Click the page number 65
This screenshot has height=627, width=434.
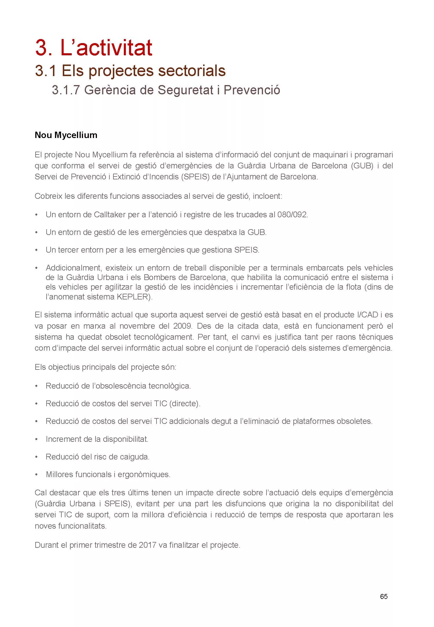[384, 596]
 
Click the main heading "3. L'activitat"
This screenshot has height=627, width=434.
[93, 48]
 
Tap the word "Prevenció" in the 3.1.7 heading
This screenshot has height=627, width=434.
[252, 90]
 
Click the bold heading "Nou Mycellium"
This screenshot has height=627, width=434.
[66, 135]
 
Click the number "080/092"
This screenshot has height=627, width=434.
[293, 215]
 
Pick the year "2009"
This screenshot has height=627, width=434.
[183, 326]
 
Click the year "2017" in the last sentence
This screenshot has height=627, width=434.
[148, 545]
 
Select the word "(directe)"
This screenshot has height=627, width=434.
[185, 404]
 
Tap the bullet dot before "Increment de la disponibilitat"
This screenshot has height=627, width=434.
[36, 439]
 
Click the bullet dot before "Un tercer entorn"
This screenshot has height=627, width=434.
[36, 250]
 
